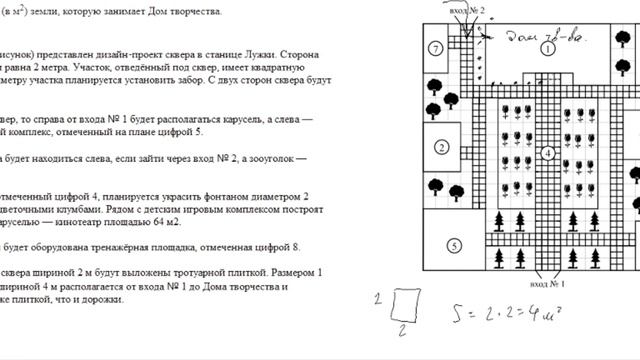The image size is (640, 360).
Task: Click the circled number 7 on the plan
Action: [435, 48]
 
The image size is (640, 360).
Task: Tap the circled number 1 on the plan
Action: [548, 47]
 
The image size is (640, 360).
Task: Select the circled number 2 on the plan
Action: [440, 148]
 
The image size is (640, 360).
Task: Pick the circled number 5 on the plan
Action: [453, 245]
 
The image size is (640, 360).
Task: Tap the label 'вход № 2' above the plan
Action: [468, 10]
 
